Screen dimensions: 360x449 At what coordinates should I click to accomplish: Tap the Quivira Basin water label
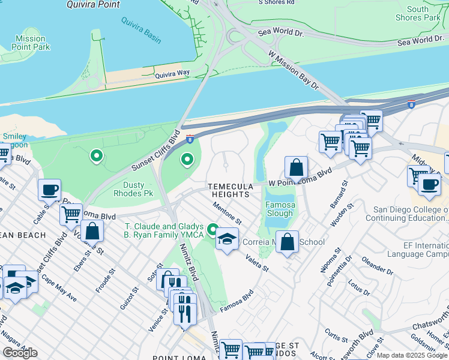141,32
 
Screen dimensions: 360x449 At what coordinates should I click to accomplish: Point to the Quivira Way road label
172,73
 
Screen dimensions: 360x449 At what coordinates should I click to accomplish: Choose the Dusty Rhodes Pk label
133,189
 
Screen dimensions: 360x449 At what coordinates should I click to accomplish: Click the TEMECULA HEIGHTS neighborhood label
228,191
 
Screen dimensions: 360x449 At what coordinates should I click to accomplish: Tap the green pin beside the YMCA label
212,230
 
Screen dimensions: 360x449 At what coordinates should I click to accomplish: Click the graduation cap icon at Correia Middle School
227,239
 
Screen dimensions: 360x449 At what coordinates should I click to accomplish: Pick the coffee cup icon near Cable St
49,190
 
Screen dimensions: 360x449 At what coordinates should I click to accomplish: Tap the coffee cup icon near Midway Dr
429,185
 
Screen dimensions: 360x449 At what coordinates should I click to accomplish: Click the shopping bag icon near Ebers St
92,230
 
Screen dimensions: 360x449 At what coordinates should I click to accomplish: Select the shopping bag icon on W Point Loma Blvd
296,167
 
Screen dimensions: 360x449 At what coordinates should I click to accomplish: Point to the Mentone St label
228,213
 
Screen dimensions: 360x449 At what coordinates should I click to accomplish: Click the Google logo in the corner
20,353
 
